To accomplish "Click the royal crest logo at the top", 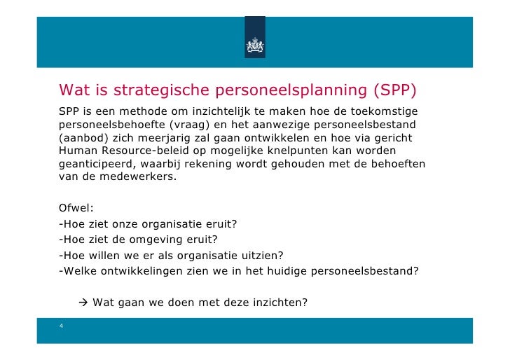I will (255, 44).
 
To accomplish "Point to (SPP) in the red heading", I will (394, 90).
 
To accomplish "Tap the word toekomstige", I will (382, 113).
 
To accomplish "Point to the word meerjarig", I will (161, 138).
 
